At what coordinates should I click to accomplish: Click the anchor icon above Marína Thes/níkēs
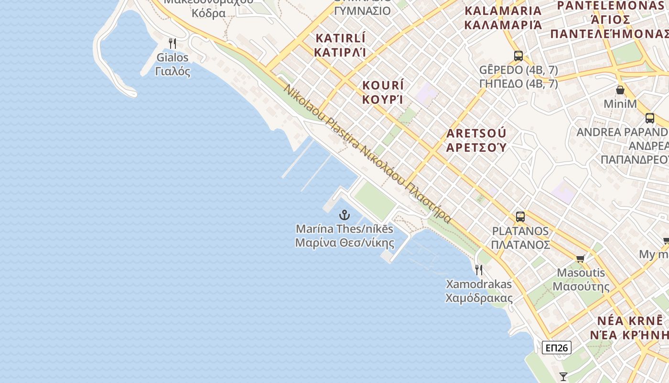pyautogui.click(x=344, y=214)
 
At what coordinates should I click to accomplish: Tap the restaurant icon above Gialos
pyautogui.click(x=173, y=44)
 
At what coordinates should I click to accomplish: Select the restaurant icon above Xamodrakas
pyautogui.click(x=479, y=270)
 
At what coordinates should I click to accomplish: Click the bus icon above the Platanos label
pyautogui.click(x=520, y=216)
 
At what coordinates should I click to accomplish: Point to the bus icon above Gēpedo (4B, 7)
pyautogui.click(x=518, y=56)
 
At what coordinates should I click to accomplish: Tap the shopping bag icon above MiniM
pyautogui.click(x=620, y=90)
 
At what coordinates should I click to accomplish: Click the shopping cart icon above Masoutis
pyautogui.click(x=581, y=259)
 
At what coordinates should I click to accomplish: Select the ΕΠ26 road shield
pyautogui.click(x=557, y=348)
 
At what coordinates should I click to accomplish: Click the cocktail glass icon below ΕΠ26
pyautogui.click(x=564, y=376)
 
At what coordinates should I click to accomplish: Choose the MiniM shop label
pyautogui.click(x=620, y=104)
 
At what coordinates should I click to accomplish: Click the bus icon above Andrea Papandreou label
pyautogui.click(x=650, y=118)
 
